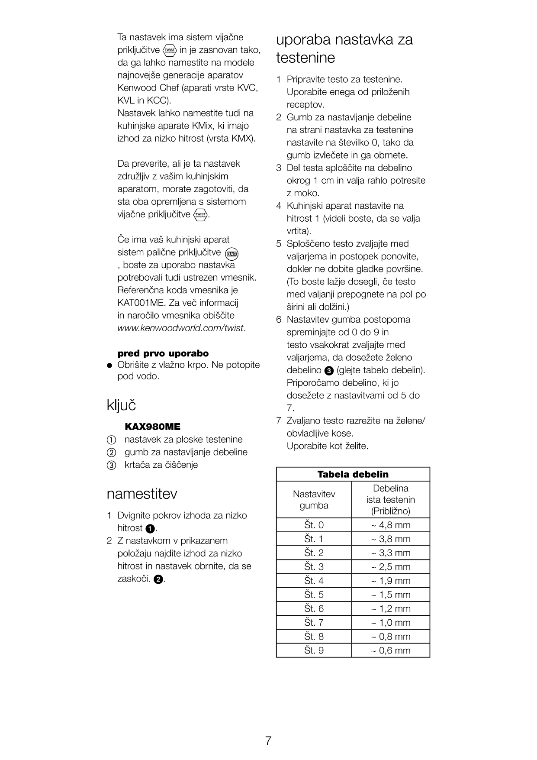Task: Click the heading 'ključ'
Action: click(121, 406)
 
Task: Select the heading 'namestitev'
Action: click(141, 494)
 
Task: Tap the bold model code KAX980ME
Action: click(152, 427)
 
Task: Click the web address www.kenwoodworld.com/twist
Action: click(181, 328)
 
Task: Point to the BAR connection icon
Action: click(232, 254)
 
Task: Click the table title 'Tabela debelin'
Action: click(353, 474)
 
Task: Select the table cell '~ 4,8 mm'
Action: click(390, 525)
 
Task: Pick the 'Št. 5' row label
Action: click(314, 595)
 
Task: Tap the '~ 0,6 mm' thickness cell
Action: click(390, 650)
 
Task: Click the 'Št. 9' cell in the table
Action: click(314, 650)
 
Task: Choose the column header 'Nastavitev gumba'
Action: click(314, 499)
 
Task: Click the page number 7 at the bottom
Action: click(268, 741)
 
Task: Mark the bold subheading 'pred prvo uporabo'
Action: click(163, 353)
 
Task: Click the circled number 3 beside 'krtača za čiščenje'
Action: click(111, 466)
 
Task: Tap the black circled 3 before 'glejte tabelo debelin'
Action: click(329, 371)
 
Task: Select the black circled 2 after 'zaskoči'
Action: click(158, 579)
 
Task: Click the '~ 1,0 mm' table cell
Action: click(390, 622)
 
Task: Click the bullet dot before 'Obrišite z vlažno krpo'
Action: click(110, 365)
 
